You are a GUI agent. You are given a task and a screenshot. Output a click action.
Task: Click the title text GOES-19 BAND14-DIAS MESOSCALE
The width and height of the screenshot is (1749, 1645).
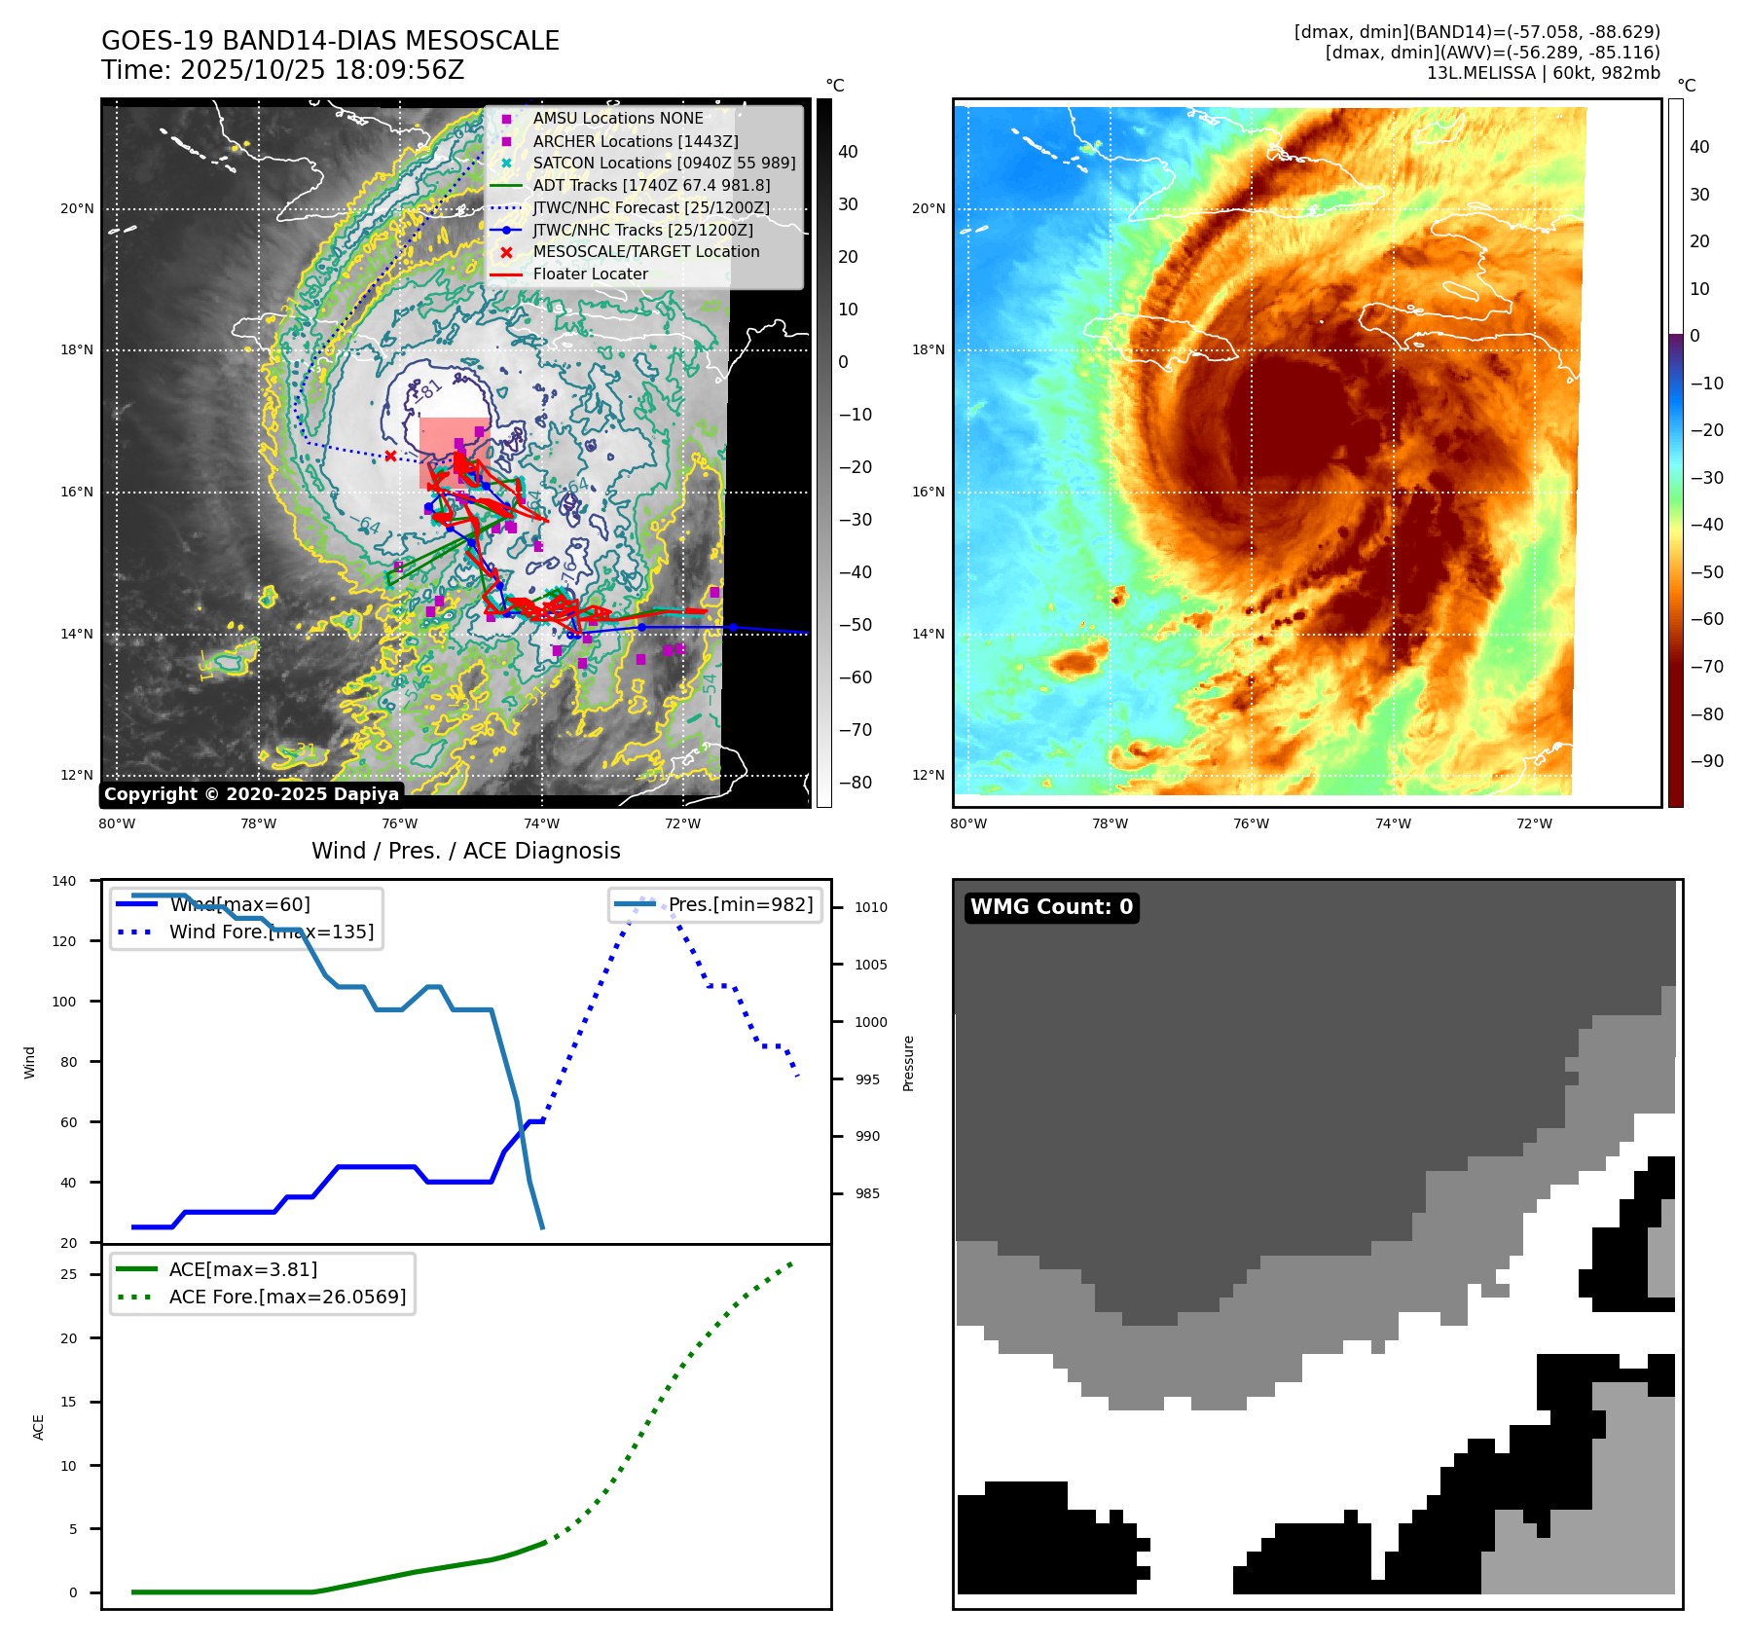[330, 41]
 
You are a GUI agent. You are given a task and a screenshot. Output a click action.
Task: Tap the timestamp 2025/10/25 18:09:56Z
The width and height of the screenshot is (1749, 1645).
[322, 70]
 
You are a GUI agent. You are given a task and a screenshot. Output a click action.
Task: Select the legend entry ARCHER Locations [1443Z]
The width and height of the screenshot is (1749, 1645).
[635, 141]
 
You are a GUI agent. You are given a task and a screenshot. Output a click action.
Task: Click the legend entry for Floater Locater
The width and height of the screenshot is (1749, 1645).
[590, 274]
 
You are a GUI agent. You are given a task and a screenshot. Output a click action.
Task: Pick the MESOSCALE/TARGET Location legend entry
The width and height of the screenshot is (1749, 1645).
[645, 252]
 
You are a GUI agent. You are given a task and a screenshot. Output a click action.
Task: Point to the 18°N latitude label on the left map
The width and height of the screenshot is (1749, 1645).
[77, 350]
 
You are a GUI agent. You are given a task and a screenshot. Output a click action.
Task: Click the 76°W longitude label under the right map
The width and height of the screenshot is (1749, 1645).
[1251, 824]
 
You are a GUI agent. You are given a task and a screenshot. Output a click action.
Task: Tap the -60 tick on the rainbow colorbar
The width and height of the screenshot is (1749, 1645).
[1706, 619]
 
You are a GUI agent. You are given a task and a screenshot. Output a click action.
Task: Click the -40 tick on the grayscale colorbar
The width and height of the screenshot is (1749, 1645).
[856, 572]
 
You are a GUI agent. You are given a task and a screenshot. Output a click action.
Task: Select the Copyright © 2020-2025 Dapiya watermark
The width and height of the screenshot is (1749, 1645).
[251, 794]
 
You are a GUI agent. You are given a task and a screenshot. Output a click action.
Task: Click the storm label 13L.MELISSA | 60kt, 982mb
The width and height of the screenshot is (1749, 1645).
[1543, 73]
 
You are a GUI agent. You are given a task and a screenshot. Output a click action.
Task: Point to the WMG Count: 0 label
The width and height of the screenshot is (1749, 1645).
[1051, 907]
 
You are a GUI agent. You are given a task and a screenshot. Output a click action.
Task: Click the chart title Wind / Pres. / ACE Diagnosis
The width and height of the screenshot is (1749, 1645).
[465, 851]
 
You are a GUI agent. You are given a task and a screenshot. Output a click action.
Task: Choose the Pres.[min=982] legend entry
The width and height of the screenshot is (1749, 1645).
[740, 905]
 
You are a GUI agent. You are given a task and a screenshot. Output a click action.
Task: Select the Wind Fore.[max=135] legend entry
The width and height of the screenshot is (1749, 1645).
[271, 932]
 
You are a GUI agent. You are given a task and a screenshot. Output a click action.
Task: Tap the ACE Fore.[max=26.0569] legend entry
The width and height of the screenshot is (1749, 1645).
[287, 1298]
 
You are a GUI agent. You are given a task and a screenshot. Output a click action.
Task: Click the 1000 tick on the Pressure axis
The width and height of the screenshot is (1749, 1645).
[871, 1022]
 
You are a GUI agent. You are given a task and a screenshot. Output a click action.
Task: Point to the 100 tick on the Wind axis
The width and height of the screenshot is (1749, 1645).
[64, 1002]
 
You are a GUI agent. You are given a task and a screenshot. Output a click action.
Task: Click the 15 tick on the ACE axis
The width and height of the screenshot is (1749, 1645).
[68, 1402]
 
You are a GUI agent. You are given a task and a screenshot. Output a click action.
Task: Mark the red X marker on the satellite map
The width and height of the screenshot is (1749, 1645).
[390, 456]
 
